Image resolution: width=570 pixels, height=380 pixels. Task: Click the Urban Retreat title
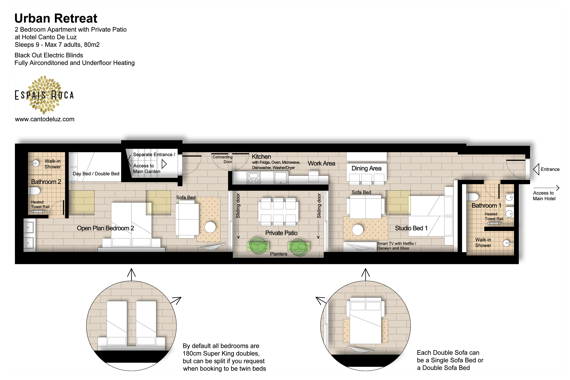tap(56, 18)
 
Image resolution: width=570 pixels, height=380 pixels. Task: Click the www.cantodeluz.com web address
tap(45, 119)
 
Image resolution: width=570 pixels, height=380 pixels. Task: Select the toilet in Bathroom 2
tap(35, 191)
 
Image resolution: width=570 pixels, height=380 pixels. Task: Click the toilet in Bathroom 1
tap(473, 197)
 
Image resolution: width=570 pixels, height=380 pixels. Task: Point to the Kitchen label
tap(261, 156)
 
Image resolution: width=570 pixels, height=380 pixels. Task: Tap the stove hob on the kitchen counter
tap(254, 178)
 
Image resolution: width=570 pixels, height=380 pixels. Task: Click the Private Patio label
tap(281, 233)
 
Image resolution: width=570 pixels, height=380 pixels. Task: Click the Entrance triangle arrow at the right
tap(536, 169)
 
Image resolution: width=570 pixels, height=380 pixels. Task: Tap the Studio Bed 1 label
tap(411, 228)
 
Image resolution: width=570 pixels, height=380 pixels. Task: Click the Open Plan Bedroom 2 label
tap(105, 228)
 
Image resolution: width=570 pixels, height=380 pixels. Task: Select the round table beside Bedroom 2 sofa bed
tap(210, 227)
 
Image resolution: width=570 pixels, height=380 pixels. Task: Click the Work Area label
tap(321, 164)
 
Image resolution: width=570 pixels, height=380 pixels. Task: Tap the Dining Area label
tap(366, 168)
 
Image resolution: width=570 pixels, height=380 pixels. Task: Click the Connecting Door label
tap(222, 159)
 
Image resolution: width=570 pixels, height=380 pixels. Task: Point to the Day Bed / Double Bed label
tap(96, 174)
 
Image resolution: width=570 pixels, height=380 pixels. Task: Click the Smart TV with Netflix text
tap(396, 244)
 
